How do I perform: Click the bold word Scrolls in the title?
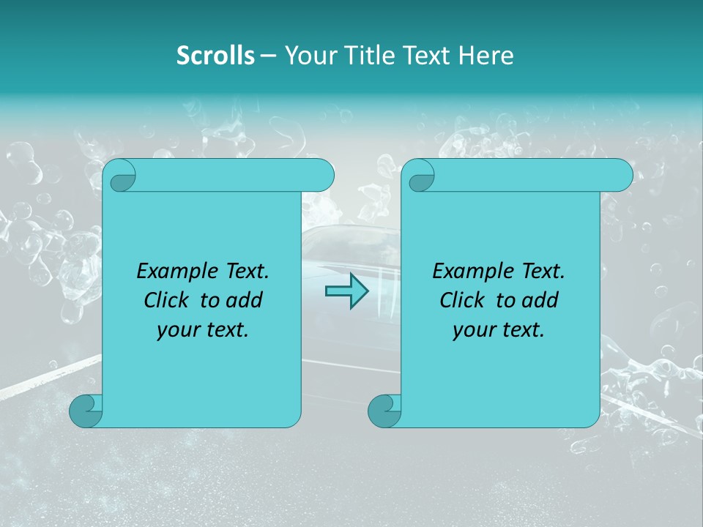pyautogui.click(x=215, y=56)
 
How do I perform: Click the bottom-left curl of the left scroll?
pyautogui.click(x=86, y=411)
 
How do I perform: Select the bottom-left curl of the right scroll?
pyautogui.click(x=385, y=411)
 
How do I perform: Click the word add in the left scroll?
pyautogui.click(x=245, y=300)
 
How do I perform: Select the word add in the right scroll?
pyautogui.click(x=541, y=300)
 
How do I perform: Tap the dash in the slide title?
pyautogui.click(x=268, y=56)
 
